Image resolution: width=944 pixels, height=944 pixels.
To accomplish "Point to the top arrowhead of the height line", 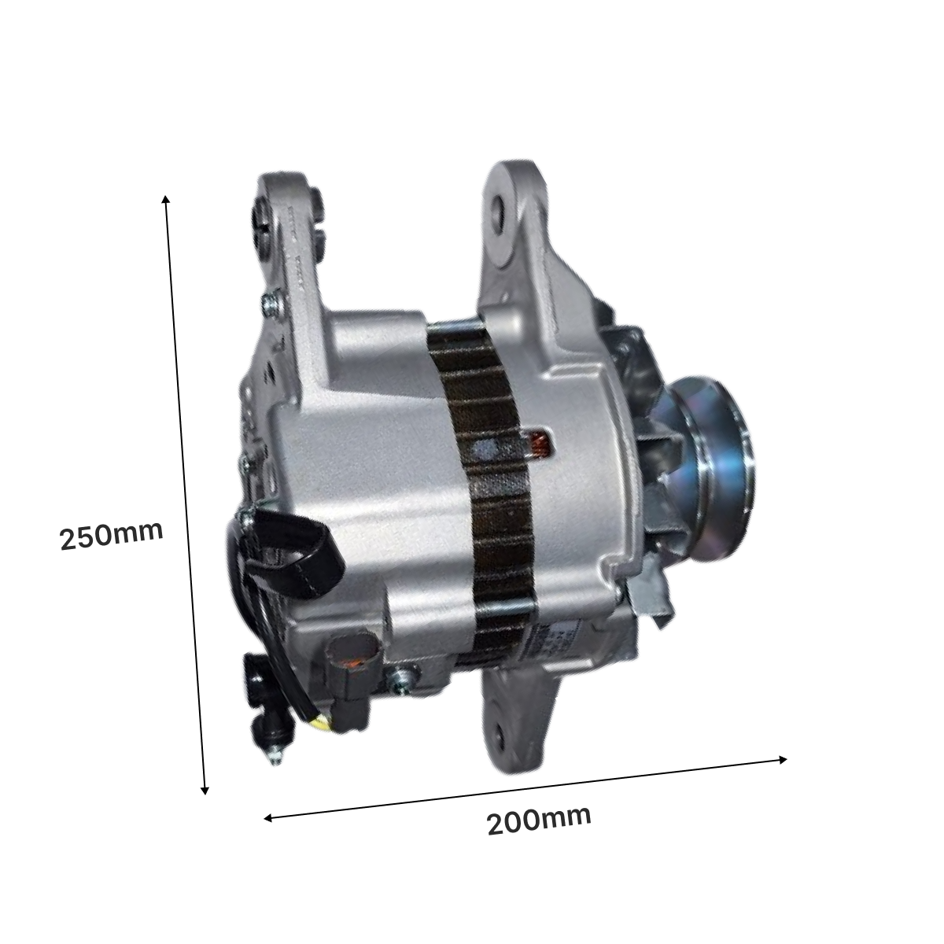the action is [165, 199].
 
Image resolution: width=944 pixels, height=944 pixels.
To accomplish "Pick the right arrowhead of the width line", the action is [783, 760].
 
